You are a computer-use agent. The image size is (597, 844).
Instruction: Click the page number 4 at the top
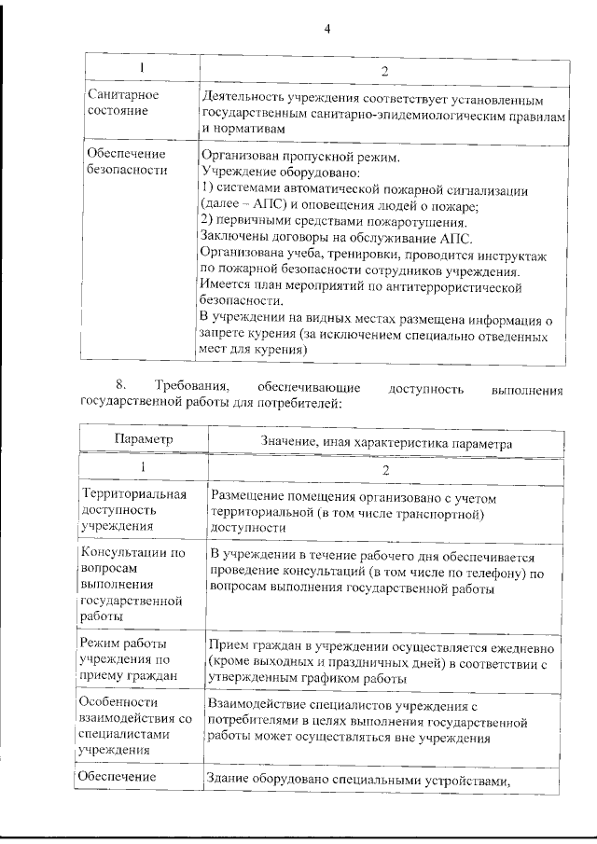(327, 28)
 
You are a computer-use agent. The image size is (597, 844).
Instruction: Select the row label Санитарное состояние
(122, 103)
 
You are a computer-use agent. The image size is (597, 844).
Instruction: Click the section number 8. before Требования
(119, 386)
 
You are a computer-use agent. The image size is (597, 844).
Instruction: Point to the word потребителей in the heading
(300, 403)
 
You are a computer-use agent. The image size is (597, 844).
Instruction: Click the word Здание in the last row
(231, 782)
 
